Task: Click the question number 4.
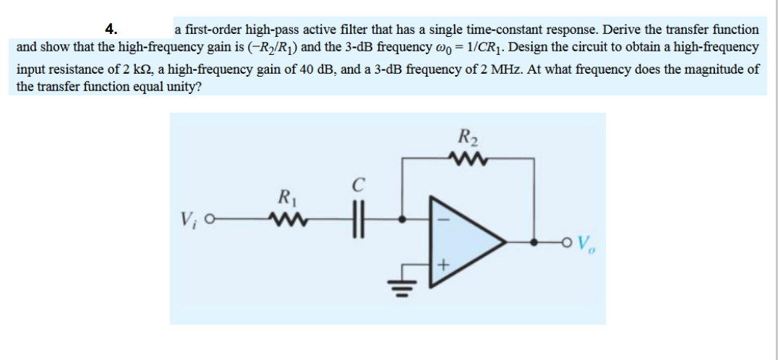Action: pyautogui.click(x=110, y=29)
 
